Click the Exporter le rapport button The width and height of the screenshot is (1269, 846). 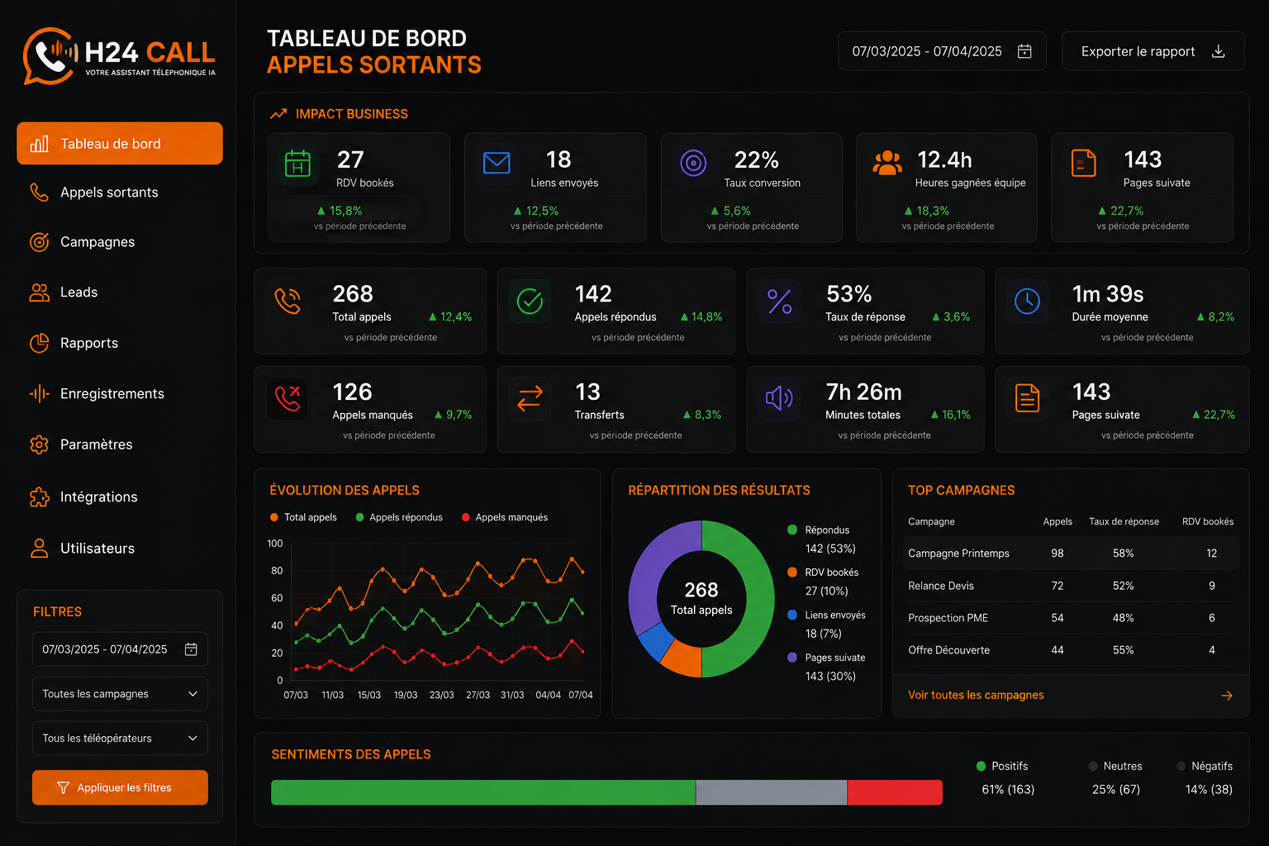1153,51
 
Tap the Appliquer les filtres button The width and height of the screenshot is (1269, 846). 120,787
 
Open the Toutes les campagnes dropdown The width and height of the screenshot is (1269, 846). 120,694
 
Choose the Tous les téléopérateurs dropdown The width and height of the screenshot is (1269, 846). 120,738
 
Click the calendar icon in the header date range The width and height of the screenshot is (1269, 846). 1024,51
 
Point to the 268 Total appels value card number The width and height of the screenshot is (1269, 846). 353,293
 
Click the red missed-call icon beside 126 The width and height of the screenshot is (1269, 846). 288,397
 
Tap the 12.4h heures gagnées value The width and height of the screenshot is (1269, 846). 944,159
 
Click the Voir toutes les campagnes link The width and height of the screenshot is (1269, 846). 976,695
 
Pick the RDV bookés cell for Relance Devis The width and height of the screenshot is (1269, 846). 1212,586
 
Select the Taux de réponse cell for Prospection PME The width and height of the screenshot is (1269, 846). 1123,618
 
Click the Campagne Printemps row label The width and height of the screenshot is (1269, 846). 958,553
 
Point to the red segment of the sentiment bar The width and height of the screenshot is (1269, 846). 895,792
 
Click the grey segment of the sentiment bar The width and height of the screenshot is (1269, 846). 772,792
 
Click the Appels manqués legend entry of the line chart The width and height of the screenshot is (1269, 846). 505,517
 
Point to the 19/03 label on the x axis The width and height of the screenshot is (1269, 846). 406,695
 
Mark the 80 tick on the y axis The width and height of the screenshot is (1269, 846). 277,571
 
